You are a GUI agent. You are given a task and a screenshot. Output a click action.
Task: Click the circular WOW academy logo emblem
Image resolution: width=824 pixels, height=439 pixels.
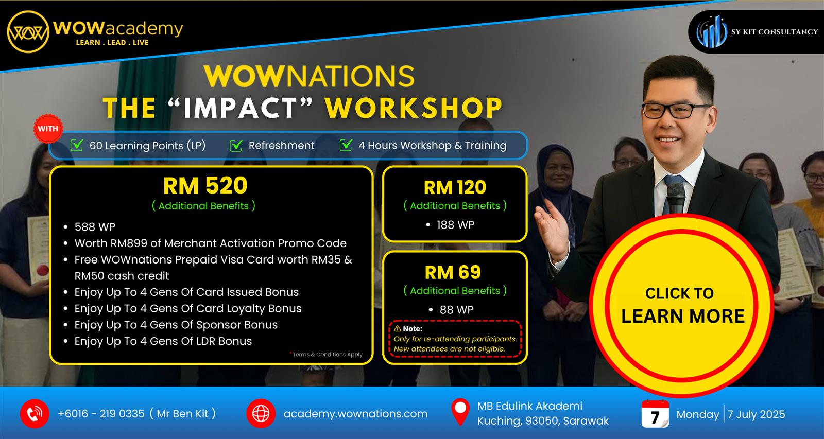coord(28,31)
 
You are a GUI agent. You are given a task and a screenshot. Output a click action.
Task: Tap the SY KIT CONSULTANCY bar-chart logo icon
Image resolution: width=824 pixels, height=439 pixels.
coord(712,32)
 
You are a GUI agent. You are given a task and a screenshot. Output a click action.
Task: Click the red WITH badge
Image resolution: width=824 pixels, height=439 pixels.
coord(48,129)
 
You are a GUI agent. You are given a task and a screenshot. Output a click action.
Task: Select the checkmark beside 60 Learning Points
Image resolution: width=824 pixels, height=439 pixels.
coord(77,145)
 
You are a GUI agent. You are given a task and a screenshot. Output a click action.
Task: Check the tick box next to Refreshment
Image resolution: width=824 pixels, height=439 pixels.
coord(236,146)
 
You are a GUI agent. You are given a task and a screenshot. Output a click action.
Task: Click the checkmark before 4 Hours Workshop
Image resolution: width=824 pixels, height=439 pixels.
coord(346,145)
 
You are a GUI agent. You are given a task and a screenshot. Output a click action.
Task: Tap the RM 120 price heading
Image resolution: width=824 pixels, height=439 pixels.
coord(455,187)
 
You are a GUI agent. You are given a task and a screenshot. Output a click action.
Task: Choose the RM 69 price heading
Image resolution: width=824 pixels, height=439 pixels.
coord(453,272)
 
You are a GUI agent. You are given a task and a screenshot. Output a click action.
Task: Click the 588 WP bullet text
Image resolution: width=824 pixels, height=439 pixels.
coord(95,226)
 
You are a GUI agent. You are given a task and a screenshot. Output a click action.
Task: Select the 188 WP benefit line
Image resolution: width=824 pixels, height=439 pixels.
coord(455,225)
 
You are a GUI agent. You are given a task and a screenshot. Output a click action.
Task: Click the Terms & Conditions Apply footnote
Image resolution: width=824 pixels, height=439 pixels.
coord(327,354)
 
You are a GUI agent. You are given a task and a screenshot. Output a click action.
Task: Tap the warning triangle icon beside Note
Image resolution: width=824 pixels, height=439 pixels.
coord(398,328)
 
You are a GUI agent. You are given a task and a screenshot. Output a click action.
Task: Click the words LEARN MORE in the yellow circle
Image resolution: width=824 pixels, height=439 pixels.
coord(683,316)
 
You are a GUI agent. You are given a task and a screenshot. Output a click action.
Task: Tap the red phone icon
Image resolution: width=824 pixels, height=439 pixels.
coord(35,414)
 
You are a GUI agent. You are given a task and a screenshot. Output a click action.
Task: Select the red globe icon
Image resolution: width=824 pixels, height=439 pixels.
coord(261,414)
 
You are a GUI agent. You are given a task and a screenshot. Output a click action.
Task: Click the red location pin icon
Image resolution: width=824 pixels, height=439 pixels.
coord(460,412)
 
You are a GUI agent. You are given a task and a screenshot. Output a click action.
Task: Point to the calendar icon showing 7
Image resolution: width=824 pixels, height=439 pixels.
coord(655,414)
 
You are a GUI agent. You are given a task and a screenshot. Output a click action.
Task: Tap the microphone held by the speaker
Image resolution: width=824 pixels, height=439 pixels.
coord(675,199)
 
